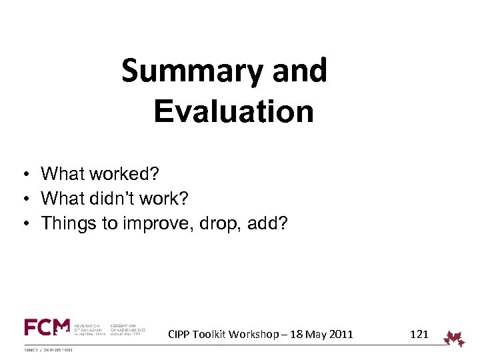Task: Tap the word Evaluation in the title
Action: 233,111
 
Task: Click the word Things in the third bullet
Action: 65,223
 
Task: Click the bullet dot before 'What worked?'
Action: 24,175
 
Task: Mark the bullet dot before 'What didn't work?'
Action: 24,199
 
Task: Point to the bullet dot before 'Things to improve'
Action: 24,223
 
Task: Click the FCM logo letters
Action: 47,327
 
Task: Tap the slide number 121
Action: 419,334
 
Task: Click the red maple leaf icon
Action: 455,338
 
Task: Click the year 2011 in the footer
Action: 341,334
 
